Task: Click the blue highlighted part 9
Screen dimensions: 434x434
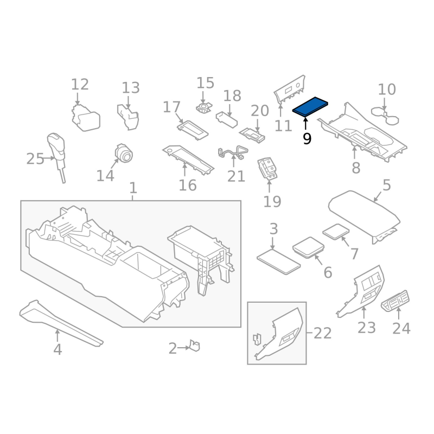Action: (x=310, y=106)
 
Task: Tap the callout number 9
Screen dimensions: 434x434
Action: (x=307, y=139)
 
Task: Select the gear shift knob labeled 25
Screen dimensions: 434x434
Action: (x=57, y=149)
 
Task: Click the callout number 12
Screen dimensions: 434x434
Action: (x=80, y=85)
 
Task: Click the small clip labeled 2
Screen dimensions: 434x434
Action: (x=194, y=346)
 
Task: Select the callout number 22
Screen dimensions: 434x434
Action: (x=322, y=333)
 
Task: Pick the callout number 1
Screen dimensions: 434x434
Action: (x=133, y=188)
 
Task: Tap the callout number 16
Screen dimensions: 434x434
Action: (x=188, y=185)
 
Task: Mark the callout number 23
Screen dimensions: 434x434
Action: (x=367, y=328)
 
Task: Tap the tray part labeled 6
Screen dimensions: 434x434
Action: (x=309, y=247)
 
